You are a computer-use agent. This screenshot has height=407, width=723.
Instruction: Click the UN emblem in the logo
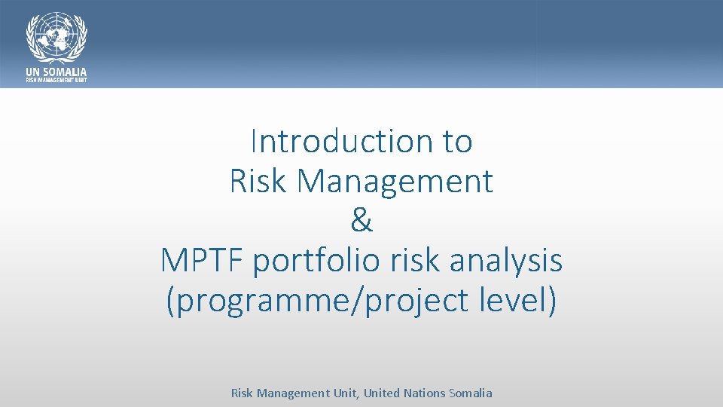(57, 37)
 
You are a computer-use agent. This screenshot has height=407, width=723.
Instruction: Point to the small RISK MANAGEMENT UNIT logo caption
(56, 80)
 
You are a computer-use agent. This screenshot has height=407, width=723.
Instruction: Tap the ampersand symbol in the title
(361, 221)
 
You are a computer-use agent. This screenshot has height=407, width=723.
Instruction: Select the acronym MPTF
(203, 261)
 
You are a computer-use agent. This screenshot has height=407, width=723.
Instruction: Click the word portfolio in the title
(317, 261)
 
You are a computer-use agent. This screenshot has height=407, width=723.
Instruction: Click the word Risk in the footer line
(242, 393)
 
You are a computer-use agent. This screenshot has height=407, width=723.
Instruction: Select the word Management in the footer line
(293, 393)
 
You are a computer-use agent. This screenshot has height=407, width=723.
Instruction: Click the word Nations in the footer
(425, 393)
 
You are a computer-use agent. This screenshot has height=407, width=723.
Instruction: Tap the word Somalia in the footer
(471, 393)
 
